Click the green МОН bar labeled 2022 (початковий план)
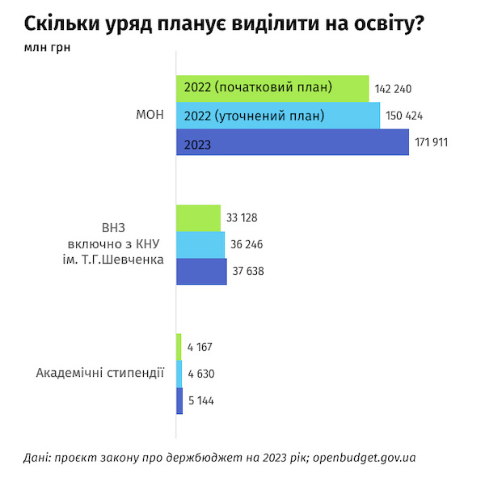pyautogui.click(x=272, y=88)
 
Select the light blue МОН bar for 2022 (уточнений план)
pyautogui.click(x=278, y=116)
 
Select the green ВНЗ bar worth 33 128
pyautogui.click(x=198, y=218)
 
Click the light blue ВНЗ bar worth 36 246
pyautogui.click(x=200, y=244)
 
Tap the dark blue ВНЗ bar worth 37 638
pyautogui.click(x=201, y=271)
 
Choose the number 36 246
pyautogui.click(x=246, y=244)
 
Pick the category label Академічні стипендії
pyautogui.click(x=100, y=373)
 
